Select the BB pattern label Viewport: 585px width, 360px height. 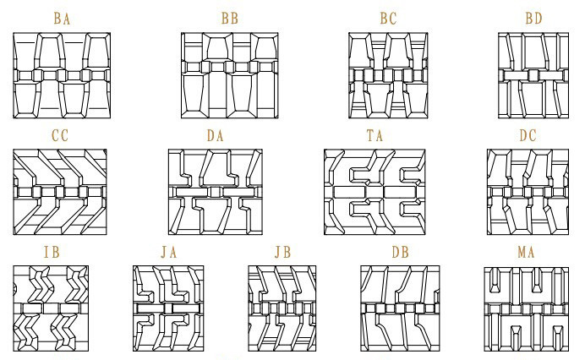coord(229,18)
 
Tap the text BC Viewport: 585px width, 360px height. coord(388,18)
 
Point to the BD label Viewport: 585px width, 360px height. coord(533,18)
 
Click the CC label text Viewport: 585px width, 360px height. coord(60,135)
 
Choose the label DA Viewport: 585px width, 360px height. coord(215,135)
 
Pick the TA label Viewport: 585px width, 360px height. coord(375,135)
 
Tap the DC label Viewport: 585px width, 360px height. coord(528,135)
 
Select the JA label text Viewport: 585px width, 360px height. coord(169,253)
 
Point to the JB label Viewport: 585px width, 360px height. coord(282,253)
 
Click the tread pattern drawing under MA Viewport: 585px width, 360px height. coord(526,308)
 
